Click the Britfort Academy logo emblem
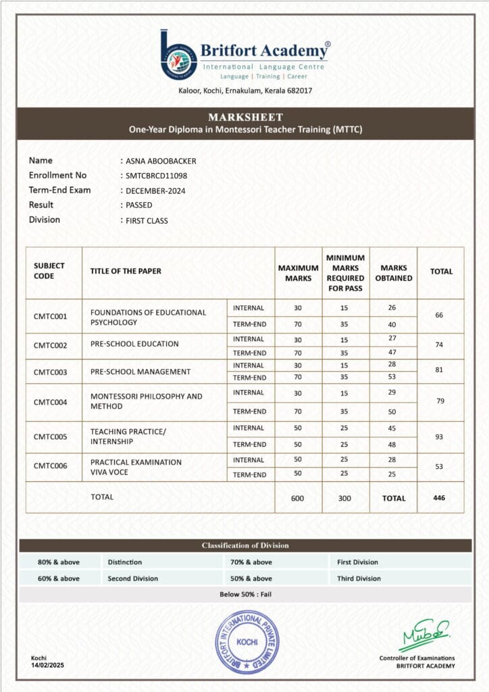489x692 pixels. click(178, 54)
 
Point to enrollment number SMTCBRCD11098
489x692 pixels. click(156, 176)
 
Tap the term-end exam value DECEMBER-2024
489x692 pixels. click(155, 191)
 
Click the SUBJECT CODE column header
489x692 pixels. click(49, 271)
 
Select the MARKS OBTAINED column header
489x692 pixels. click(393, 273)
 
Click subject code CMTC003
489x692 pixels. click(51, 372)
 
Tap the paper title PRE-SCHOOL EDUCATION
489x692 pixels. click(134, 344)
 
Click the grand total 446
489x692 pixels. click(440, 497)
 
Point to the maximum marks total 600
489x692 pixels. click(298, 498)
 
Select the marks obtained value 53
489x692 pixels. click(392, 377)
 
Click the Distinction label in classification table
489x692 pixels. click(125, 562)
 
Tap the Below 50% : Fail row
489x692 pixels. click(245, 595)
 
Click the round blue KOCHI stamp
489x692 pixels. click(247, 642)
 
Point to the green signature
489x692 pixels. click(423, 635)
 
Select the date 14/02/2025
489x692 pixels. click(47, 666)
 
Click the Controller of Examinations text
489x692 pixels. click(417, 658)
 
